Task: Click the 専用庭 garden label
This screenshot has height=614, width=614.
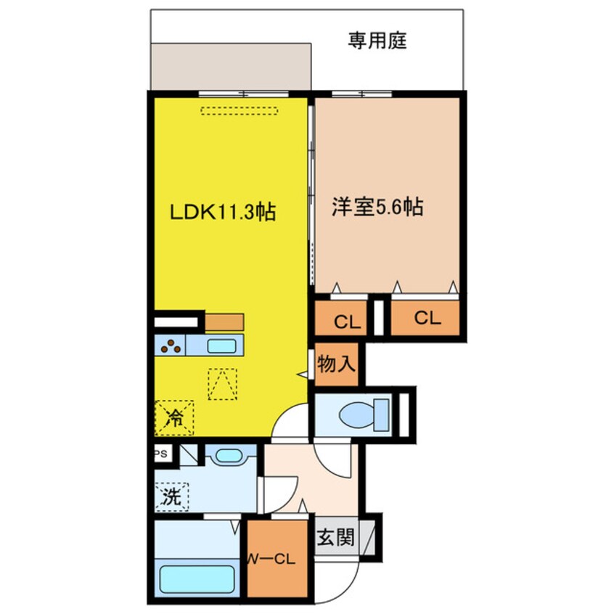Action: [x=377, y=41]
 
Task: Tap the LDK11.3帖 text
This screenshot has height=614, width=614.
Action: [x=222, y=212]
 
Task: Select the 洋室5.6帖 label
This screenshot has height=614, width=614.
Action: [x=377, y=206]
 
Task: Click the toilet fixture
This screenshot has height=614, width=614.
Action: [x=364, y=414]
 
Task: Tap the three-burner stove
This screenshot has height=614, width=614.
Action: [x=171, y=345]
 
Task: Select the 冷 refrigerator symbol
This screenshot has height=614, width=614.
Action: [x=174, y=418]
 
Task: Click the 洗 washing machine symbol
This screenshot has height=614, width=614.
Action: [x=172, y=497]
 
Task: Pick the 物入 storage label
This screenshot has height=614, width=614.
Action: [x=336, y=364]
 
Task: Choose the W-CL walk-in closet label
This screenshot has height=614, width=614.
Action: [x=272, y=560]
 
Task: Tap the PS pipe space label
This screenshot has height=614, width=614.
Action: [x=161, y=454]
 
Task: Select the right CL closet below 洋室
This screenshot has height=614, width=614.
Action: [x=425, y=318]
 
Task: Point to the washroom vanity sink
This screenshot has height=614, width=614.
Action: [x=229, y=456]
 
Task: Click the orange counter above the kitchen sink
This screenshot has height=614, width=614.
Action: [x=224, y=322]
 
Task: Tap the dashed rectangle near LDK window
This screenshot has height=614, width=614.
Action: [x=240, y=111]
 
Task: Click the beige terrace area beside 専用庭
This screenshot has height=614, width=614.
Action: [x=231, y=67]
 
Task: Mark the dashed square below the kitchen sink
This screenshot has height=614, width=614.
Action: [x=222, y=384]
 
